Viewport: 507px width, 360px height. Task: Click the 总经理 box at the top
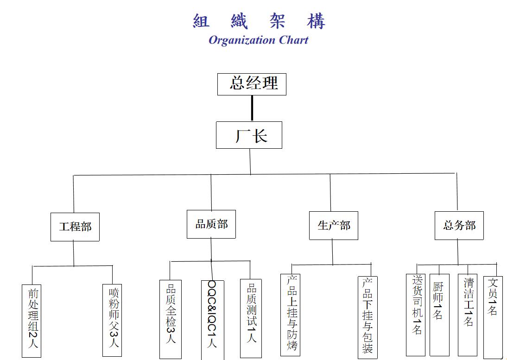[x=252, y=84]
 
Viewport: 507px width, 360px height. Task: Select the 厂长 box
[x=249, y=135]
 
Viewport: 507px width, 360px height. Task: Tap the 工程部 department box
[x=75, y=227]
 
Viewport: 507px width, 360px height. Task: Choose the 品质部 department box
[x=211, y=224]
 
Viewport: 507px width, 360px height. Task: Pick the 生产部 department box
[x=334, y=225]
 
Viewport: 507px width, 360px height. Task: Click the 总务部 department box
[x=459, y=225]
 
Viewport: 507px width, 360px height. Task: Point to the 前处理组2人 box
[x=33, y=320]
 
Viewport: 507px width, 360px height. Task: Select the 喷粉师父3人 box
[x=113, y=320]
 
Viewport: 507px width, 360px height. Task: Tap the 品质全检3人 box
[x=171, y=319]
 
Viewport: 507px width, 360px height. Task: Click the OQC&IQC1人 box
[x=212, y=320]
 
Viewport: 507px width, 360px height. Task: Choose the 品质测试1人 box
[x=251, y=318]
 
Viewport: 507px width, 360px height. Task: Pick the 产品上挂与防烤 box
[x=291, y=315]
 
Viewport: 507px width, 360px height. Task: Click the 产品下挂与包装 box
[x=368, y=317]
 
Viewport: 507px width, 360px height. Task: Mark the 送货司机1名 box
[x=416, y=315]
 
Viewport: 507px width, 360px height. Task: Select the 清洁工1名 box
[x=468, y=315]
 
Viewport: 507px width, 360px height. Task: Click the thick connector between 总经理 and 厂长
[x=252, y=108]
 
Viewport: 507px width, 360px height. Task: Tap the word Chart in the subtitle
[x=293, y=40]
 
